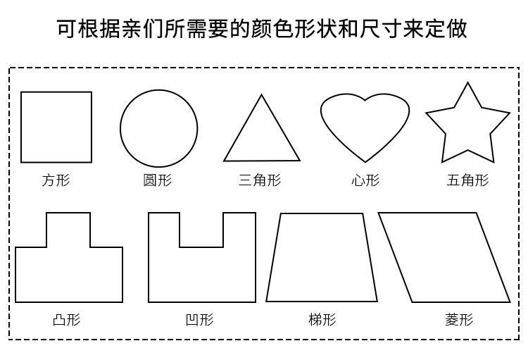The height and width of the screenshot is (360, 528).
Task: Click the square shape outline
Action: pos(56,127)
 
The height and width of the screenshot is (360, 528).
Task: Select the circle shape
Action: pos(158,128)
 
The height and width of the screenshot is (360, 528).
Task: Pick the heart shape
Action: pos(365,127)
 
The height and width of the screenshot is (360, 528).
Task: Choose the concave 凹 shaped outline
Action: pos(202,275)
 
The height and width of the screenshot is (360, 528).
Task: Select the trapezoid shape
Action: pos(322,258)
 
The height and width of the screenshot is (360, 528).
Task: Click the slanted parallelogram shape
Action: pos(444,257)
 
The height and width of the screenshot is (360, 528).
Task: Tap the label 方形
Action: pos(56,180)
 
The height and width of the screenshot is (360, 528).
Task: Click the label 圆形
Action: pos(158,180)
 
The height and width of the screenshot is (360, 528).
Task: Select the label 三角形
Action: pos(260,180)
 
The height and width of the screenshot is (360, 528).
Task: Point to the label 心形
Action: pos(365,180)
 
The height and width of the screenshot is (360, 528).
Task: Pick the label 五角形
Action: pos(467,180)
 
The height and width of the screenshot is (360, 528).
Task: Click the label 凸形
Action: pos(67,320)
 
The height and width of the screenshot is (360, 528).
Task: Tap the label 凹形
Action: pos(199,320)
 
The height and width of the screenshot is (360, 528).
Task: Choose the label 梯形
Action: pos(322,320)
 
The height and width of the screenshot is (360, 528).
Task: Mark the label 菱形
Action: pos(459,320)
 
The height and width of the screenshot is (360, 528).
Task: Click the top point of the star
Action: pos(467,84)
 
